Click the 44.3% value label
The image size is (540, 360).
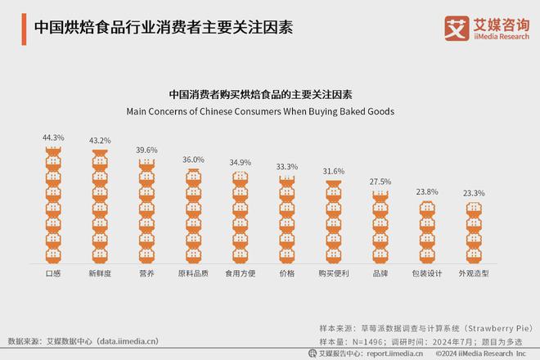(53, 137)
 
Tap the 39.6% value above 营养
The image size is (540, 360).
(147, 151)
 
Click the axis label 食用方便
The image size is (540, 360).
(239, 273)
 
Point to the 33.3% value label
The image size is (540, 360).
(286, 167)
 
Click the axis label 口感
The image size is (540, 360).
(53, 273)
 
